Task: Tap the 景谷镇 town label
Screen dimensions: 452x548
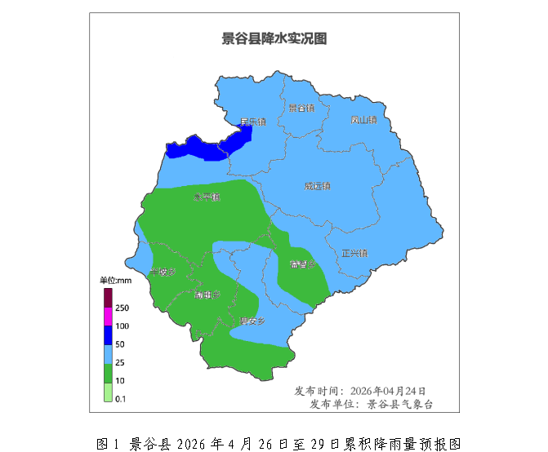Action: [x=301, y=109]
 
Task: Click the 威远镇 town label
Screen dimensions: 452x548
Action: [x=318, y=186]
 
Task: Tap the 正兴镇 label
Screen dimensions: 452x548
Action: [x=354, y=253]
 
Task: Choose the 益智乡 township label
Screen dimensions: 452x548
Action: [x=301, y=266]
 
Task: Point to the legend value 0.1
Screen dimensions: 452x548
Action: [x=121, y=398]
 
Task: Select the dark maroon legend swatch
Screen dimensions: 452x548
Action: [x=107, y=297]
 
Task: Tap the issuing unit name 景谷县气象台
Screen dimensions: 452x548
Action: [x=399, y=404]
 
